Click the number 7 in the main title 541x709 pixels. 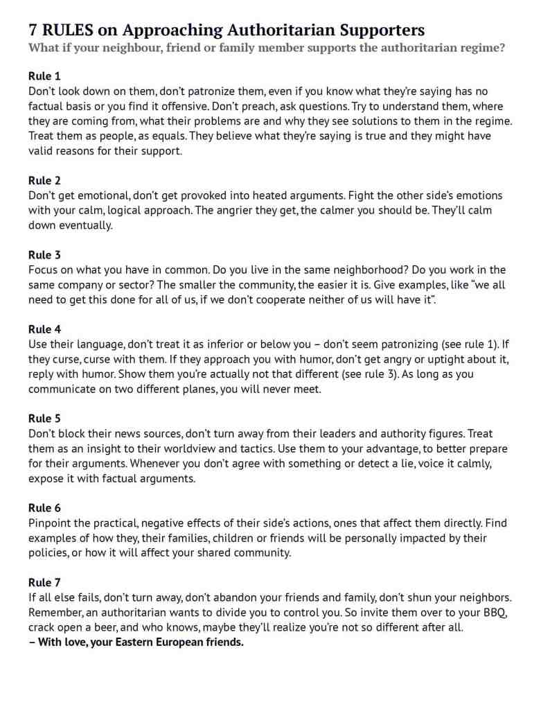(33, 30)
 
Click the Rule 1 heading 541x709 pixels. (44, 76)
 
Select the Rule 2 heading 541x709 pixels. (44, 180)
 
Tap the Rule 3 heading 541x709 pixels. (44, 255)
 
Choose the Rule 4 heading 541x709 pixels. (44, 329)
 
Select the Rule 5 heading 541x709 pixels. (44, 419)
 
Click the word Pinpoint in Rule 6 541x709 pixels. (50, 523)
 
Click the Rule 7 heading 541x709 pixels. (44, 582)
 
